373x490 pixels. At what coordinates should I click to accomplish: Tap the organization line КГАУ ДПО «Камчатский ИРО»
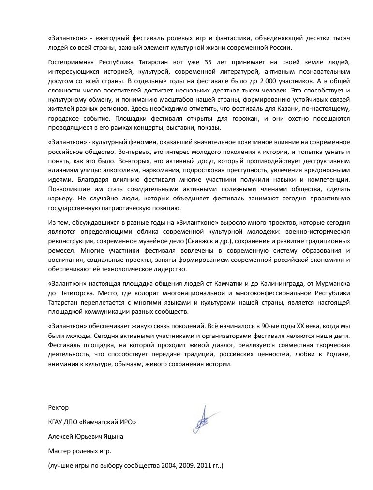[92, 422]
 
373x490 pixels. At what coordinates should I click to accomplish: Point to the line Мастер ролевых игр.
[80, 451]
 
